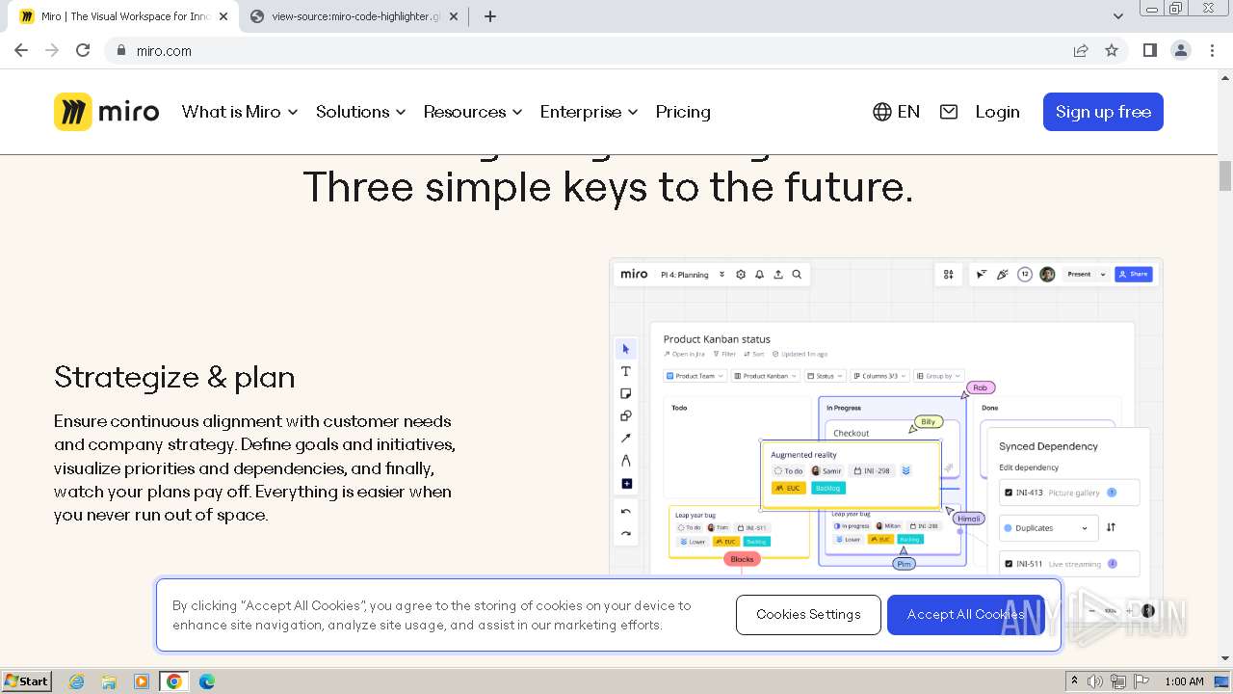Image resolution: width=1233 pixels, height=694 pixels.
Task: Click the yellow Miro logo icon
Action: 73,112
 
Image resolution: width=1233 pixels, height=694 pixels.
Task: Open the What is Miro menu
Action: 240,112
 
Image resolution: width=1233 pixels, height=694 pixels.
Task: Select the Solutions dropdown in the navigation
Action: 360,112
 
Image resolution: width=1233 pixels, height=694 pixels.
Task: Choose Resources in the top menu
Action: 472,112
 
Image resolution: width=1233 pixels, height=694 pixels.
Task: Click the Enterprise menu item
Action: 589,112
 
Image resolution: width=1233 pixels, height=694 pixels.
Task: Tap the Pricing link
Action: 683,112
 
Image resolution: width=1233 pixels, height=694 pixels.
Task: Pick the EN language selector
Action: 896,112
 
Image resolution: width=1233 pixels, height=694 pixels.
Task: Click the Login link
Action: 997,112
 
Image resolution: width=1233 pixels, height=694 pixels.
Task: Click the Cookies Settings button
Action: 808,615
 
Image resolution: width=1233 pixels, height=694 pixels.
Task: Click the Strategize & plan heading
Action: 174,377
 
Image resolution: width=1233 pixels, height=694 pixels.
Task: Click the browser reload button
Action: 83,50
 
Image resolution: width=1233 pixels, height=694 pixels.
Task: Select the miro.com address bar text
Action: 164,51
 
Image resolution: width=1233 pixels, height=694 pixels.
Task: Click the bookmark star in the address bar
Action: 1112,50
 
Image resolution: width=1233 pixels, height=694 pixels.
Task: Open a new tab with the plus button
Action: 490,16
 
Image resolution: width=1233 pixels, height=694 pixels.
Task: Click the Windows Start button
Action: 26,681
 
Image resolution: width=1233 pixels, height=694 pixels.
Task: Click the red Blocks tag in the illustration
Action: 742,559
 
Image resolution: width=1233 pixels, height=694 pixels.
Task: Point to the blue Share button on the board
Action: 1134,275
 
